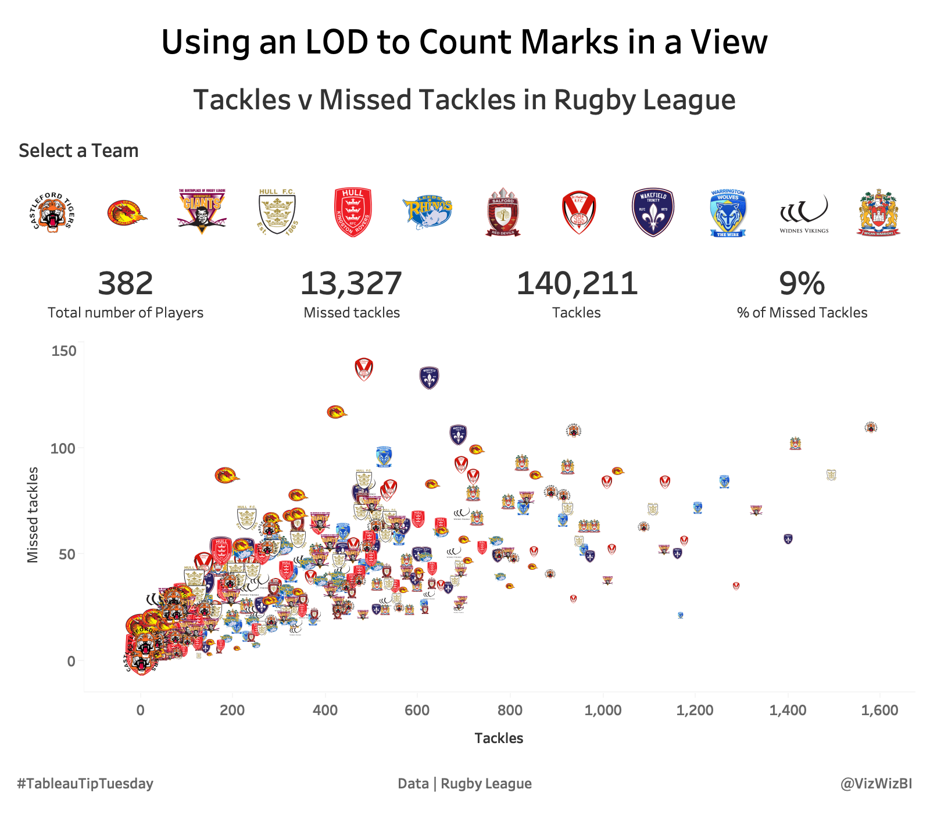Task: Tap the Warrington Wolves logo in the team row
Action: click(728, 213)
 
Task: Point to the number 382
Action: click(126, 284)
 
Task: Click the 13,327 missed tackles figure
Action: click(351, 284)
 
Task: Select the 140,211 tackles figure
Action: click(577, 284)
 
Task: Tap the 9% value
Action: click(802, 284)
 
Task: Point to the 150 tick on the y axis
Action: click(64, 351)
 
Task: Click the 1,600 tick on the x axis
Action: click(879, 710)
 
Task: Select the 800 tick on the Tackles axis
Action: click(510, 710)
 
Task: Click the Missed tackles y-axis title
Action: click(33, 515)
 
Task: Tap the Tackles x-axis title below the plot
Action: click(499, 738)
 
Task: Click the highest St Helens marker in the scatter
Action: click(364, 369)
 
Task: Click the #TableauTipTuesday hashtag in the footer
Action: click(85, 784)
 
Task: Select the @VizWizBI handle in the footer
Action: click(876, 784)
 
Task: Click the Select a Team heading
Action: click(78, 151)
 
